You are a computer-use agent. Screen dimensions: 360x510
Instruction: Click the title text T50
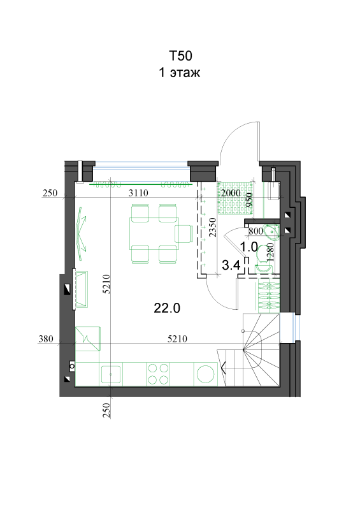click(180, 55)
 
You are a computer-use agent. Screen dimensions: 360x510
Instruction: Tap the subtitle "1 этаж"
click(180, 72)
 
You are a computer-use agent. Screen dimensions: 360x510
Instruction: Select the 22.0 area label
click(167, 308)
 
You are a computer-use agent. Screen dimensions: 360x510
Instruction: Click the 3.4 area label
click(231, 265)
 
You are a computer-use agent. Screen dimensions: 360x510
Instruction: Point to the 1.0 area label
click(249, 247)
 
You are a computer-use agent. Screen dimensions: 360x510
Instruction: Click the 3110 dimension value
click(138, 193)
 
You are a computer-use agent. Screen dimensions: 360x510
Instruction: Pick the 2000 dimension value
click(231, 193)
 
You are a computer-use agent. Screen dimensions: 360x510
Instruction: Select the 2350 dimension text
click(212, 228)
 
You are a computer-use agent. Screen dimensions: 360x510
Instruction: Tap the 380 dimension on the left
click(46, 339)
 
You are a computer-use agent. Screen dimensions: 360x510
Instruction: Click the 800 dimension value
click(256, 231)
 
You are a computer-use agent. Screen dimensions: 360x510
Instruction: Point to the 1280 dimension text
click(270, 252)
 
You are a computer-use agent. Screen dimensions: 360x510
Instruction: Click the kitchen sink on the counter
click(111, 374)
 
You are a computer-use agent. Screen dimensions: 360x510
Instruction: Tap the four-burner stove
click(158, 374)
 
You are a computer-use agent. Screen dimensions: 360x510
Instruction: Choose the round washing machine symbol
click(206, 374)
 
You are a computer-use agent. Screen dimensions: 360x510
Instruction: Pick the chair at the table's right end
click(184, 233)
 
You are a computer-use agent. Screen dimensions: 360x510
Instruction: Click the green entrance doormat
click(236, 198)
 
